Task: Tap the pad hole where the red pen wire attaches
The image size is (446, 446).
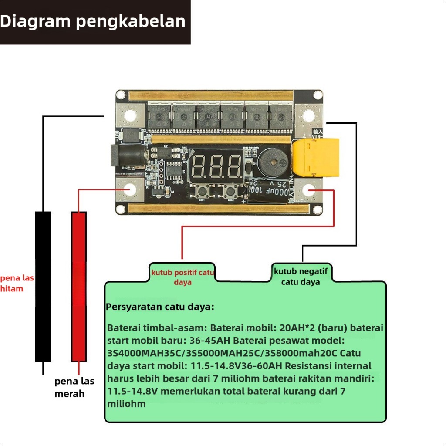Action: [130, 190]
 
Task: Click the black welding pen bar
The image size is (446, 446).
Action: [43, 287]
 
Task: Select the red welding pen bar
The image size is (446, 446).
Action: [79, 287]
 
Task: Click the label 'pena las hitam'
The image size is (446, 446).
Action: [17, 283]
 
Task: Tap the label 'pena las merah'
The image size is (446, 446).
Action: [74, 387]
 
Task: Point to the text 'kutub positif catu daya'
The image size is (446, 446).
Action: [182, 277]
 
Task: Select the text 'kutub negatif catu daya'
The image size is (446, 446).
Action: [301, 277]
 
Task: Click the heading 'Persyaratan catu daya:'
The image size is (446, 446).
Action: [160, 307]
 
